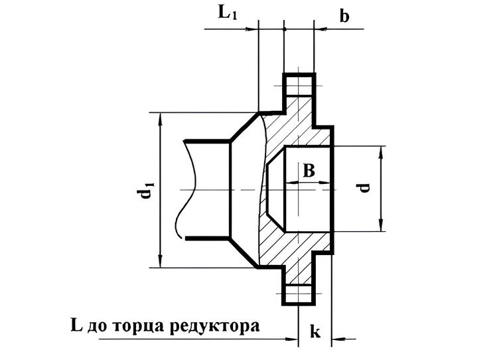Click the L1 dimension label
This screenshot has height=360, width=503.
[x=228, y=13]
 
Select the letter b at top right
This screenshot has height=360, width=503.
[x=344, y=16]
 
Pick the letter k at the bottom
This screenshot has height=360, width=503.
[x=315, y=331]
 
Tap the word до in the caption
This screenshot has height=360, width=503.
[x=98, y=327]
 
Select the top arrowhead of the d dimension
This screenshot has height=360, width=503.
[x=381, y=152]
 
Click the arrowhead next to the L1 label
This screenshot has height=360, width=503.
[x=252, y=29]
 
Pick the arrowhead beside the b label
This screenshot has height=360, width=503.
[x=320, y=29]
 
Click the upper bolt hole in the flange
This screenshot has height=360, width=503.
[x=299, y=86]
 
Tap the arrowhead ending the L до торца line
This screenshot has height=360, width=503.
[x=292, y=339]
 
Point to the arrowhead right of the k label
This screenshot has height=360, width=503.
[x=338, y=339]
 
